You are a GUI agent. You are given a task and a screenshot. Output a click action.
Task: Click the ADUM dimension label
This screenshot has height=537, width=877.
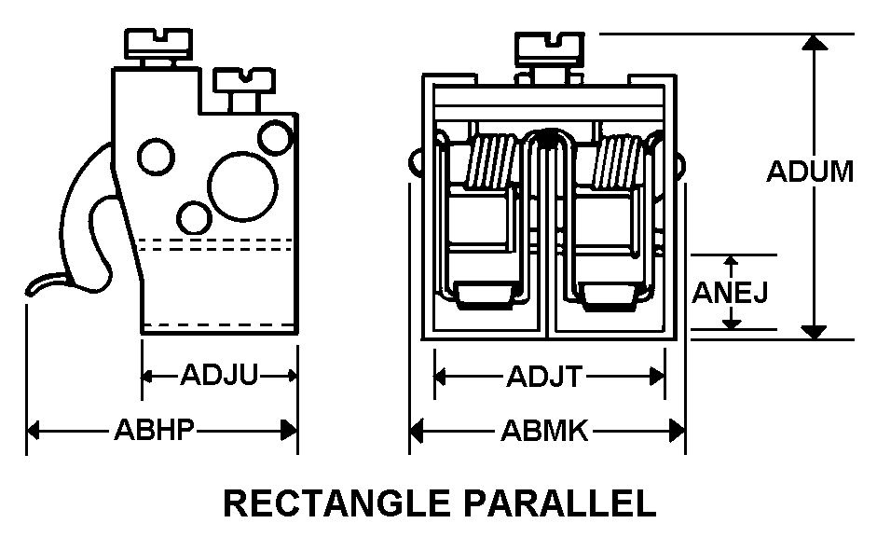click(810, 172)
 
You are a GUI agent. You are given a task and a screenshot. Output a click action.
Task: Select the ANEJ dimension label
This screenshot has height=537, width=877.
click(731, 293)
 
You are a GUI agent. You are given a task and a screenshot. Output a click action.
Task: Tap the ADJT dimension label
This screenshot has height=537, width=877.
click(544, 377)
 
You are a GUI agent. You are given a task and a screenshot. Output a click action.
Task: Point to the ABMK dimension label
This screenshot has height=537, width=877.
click(544, 431)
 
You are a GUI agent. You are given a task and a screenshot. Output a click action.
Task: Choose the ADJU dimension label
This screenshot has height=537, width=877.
click(219, 376)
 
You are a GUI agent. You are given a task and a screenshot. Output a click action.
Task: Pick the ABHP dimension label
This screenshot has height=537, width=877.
click(154, 431)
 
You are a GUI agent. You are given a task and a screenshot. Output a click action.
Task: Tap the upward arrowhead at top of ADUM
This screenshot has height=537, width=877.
click(815, 42)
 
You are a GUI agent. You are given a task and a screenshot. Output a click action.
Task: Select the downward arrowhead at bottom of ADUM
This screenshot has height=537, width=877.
click(815, 331)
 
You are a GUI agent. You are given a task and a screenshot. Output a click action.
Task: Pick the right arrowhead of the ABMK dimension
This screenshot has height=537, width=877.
click(678, 431)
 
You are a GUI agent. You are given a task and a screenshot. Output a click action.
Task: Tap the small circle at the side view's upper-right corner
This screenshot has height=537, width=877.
click(276, 137)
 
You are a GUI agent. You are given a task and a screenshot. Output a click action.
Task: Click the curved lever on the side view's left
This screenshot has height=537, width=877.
click(89, 224)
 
